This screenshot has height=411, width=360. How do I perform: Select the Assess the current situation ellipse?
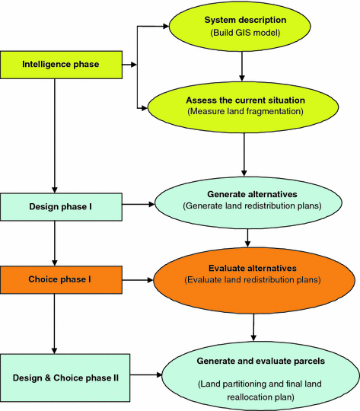[x=241, y=106]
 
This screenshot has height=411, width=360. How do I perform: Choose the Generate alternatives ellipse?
[x=246, y=200]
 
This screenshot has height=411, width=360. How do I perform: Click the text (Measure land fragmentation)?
[x=241, y=113]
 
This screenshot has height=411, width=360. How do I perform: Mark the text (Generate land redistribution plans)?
[x=246, y=206]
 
